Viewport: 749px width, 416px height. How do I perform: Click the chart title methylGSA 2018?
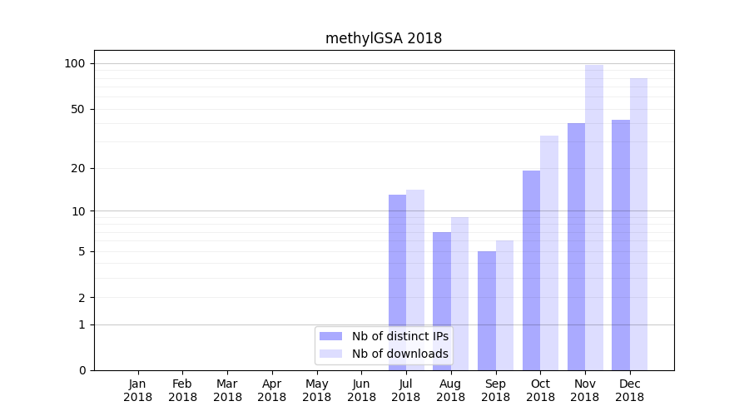point(384,38)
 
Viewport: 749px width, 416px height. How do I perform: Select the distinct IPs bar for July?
point(397,282)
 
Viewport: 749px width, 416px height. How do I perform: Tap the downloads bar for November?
point(594,217)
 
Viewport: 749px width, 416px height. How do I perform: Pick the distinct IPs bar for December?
point(621,245)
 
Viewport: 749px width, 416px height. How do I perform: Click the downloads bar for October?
point(549,253)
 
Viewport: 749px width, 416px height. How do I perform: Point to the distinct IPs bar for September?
point(487,310)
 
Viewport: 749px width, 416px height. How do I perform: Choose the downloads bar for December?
point(639,224)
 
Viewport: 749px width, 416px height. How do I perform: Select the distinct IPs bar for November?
point(576,246)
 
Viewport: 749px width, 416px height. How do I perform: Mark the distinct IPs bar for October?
point(531,270)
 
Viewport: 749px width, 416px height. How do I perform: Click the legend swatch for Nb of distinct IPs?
point(331,336)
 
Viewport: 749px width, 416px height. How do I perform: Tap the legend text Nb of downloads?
point(400,354)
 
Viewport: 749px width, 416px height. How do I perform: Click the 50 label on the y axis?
point(78,109)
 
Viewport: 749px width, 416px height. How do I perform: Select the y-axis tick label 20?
point(78,168)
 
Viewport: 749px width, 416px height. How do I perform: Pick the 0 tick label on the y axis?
point(82,370)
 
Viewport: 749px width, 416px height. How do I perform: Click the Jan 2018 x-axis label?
point(138,390)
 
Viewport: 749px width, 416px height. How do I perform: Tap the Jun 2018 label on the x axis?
point(361,390)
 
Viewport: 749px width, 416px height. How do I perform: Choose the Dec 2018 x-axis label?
point(630,390)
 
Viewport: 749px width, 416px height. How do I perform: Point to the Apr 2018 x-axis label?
point(272,390)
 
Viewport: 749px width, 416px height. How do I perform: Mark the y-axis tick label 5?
point(82,251)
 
